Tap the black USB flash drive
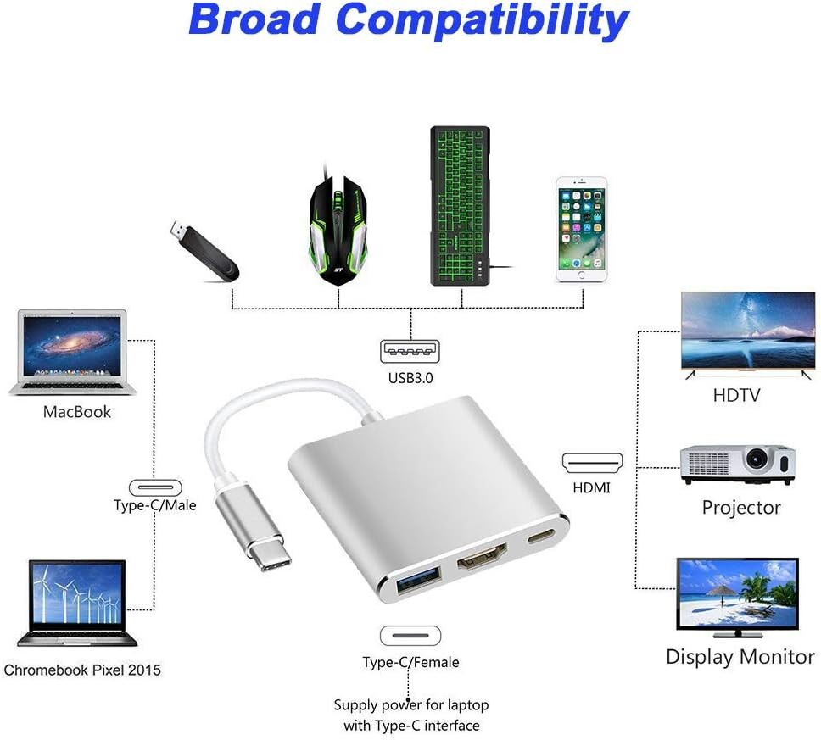(204, 251)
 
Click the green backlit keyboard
(461, 206)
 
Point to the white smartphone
(581, 230)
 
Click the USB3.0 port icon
(410, 351)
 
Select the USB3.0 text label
(410, 378)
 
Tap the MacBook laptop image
(73, 352)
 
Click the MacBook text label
(77, 412)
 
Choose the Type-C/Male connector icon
(155, 487)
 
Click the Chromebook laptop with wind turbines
(77, 603)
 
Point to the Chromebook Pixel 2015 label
(82, 670)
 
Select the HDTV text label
(736, 395)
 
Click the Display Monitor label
(740, 657)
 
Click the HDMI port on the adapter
(483, 556)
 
